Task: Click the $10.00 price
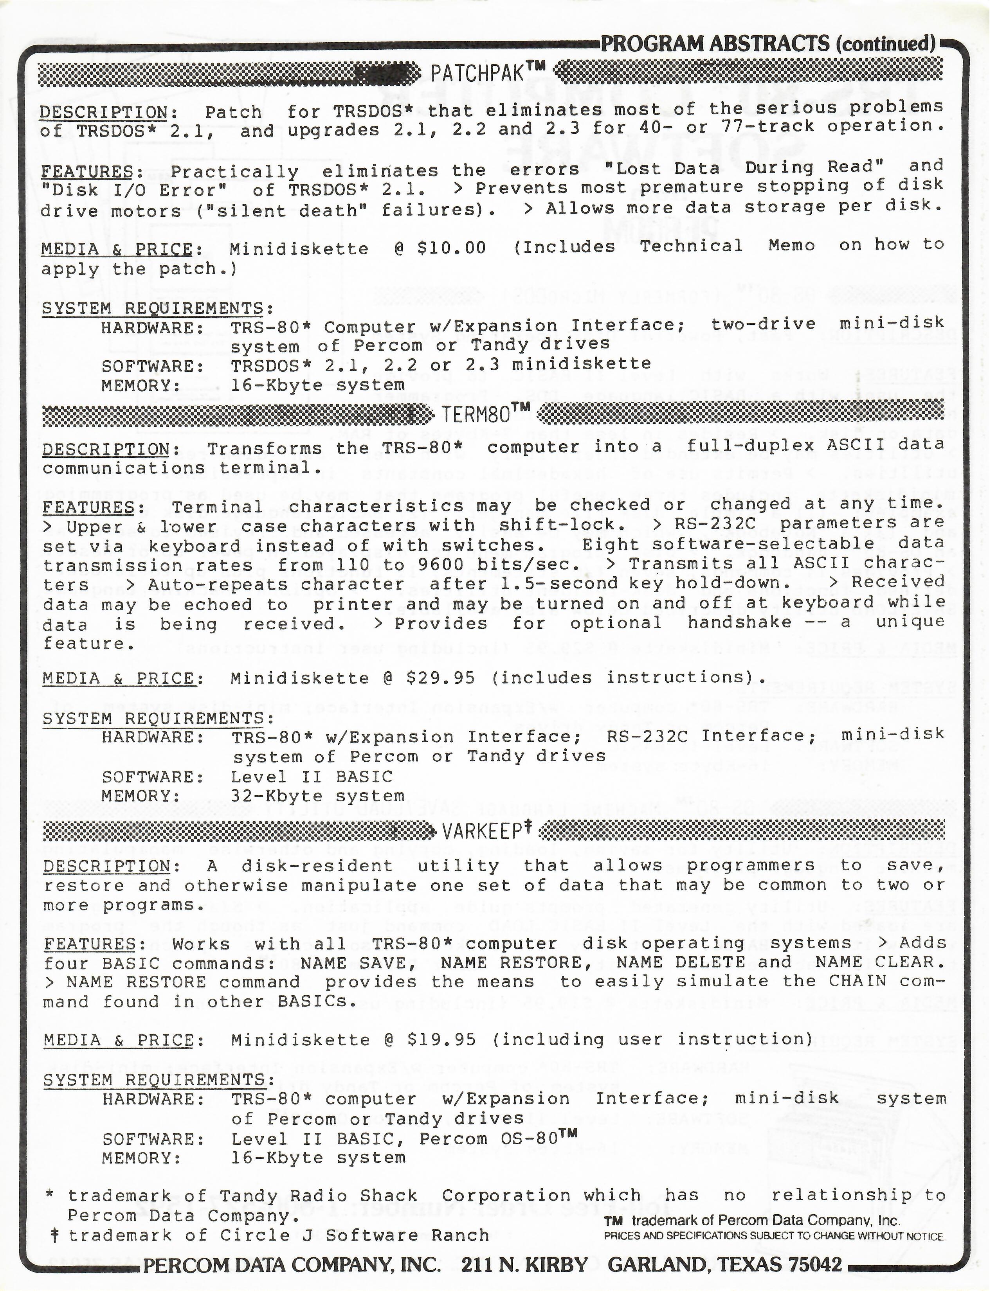click(x=451, y=248)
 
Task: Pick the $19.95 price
click(x=441, y=1039)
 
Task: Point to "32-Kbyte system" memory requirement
click(x=317, y=796)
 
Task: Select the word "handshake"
click(x=739, y=622)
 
